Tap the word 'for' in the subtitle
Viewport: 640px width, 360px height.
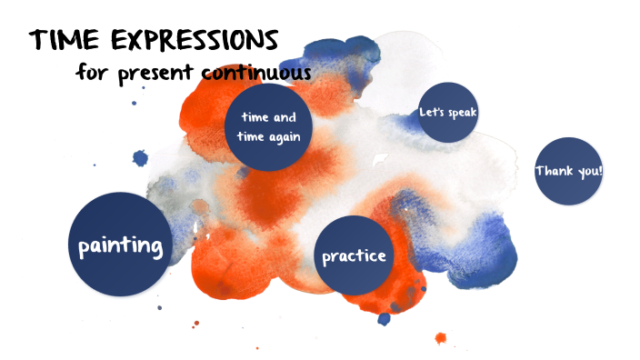point(91,71)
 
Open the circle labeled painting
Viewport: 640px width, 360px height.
point(120,245)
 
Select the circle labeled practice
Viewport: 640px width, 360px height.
point(354,255)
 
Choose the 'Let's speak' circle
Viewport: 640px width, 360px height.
point(447,113)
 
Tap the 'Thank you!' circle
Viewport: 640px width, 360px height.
point(568,171)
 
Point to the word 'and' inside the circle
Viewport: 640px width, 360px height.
point(285,117)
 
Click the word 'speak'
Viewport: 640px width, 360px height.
point(461,113)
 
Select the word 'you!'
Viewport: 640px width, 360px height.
point(588,171)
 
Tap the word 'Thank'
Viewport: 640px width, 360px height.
point(555,171)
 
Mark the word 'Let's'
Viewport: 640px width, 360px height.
point(430,113)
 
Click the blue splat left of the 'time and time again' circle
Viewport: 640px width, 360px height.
point(140,158)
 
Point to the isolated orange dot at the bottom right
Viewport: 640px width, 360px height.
point(441,338)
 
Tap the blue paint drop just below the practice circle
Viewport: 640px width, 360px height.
point(384,318)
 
